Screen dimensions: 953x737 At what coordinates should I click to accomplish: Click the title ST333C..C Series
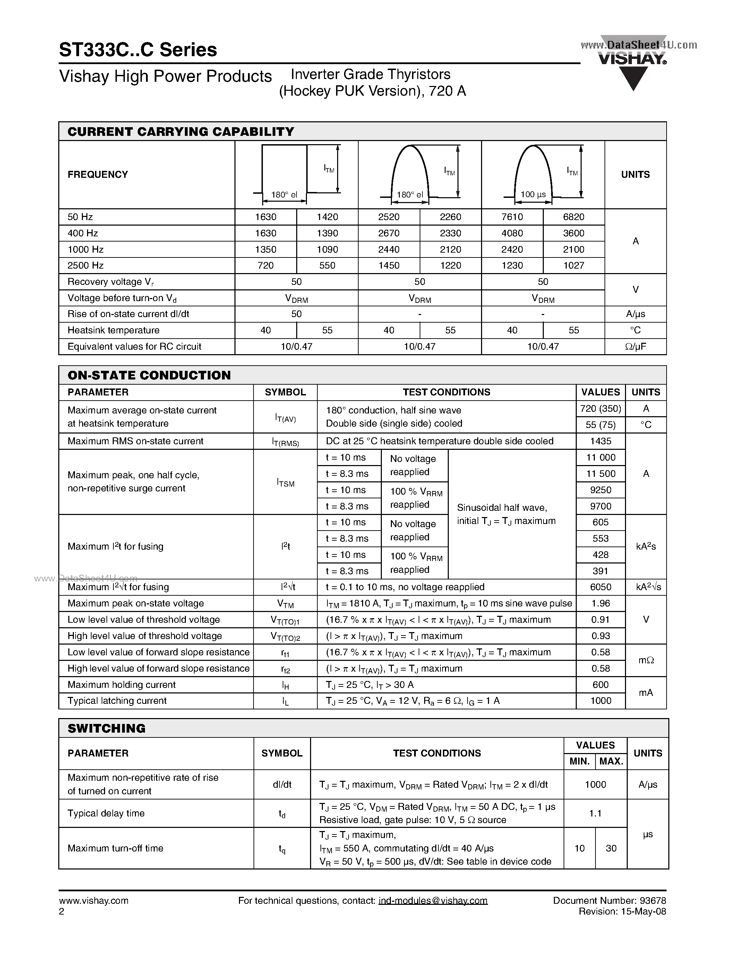pyautogui.click(x=138, y=50)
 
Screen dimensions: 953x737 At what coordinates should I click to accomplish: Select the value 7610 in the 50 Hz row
pyautogui.click(x=512, y=217)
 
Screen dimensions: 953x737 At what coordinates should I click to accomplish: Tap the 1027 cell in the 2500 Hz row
pyautogui.click(x=574, y=265)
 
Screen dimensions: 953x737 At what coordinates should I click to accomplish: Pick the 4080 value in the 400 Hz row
pyautogui.click(x=512, y=233)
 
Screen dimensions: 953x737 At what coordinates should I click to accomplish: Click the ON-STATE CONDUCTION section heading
pyautogui.click(x=149, y=375)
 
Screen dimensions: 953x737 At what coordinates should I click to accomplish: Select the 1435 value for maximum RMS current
pyautogui.click(x=600, y=441)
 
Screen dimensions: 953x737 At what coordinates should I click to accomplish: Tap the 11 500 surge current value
pyautogui.click(x=600, y=473)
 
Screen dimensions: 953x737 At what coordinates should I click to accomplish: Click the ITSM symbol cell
pyautogui.click(x=285, y=482)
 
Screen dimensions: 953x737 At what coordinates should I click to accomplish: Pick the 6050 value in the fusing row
pyautogui.click(x=600, y=587)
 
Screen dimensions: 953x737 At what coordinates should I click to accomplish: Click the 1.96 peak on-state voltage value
pyautogui.click(x=600, y=603)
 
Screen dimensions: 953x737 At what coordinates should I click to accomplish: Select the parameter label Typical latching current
pyautogui.click(x=117, y=700)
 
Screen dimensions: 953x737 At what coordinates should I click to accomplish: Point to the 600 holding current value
pyautogui.click(x=600, y=685)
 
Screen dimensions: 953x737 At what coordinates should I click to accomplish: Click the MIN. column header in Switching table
pyautogui.click(x=580, y=761)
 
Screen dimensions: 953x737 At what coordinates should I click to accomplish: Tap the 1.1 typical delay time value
pyautogui.click(x=595, y=813)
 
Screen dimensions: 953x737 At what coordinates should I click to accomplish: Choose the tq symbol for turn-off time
pyautogui.click(x=282, y=849)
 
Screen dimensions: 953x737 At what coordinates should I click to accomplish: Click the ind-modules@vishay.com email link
pyautogui.click(x=433, y=900)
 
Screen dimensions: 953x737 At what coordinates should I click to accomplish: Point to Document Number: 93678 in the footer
pyautogui.click(x=609, y=900)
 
